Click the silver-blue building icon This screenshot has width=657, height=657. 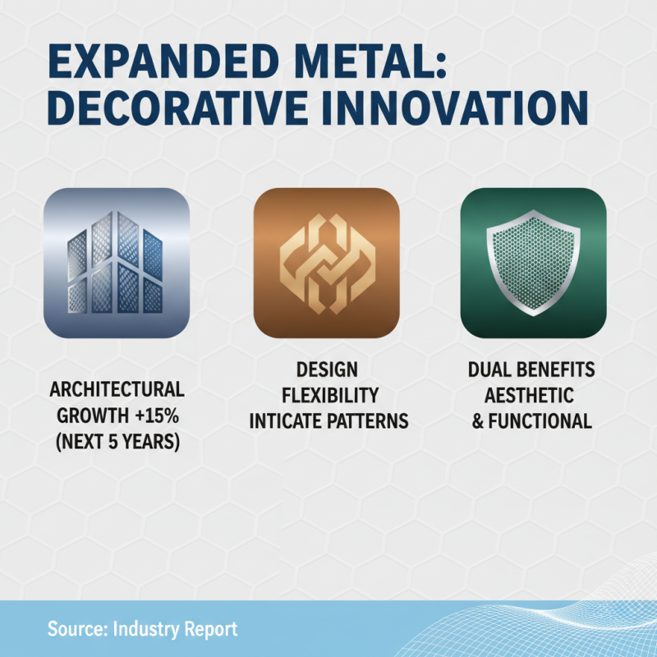point(117,263)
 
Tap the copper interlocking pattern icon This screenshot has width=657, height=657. point(328,263)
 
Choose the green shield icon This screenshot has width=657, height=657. point(534,263)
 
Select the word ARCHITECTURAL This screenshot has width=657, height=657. point(117,388)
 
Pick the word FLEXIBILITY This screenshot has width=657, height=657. point(328,396)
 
